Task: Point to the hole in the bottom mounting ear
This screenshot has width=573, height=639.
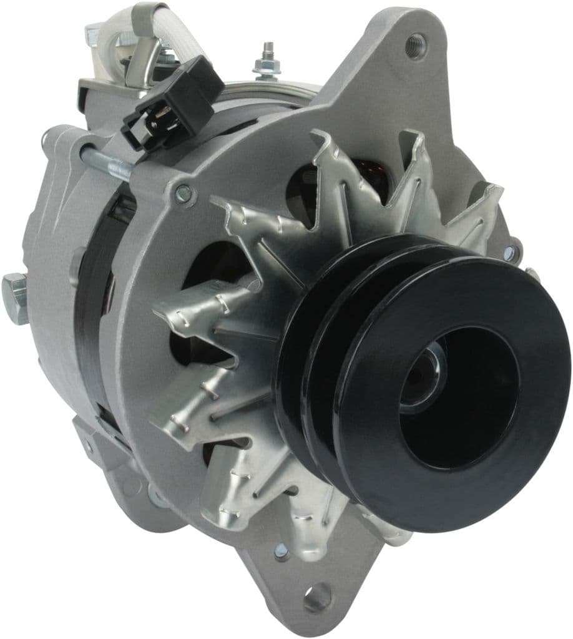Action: pos(318,597)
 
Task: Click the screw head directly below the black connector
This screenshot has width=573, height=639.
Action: pos(183,194)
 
